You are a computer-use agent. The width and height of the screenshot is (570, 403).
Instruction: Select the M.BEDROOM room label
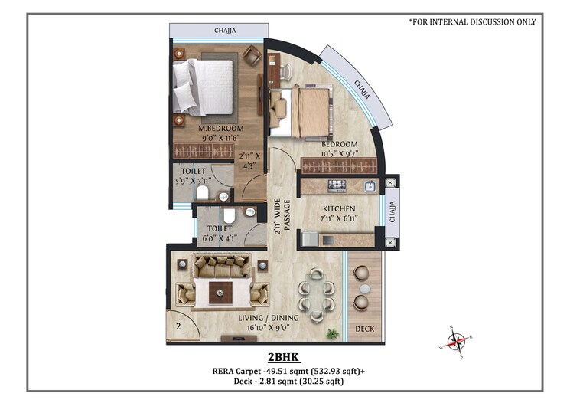(x=221, y=128)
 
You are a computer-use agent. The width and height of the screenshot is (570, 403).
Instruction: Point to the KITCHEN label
(x=338, y=209)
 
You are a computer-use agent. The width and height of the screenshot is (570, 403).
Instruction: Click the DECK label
(x=364, y=329)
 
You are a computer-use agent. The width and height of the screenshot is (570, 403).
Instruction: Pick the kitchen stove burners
(x=337, y=185)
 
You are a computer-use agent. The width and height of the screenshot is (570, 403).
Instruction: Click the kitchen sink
(x=369, y=185)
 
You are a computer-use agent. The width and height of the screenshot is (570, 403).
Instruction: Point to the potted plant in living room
(x=333, y=333)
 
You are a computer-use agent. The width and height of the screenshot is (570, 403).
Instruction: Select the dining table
(x=315, y=292)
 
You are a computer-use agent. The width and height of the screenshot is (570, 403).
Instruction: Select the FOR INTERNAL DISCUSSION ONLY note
(x=472, y=22)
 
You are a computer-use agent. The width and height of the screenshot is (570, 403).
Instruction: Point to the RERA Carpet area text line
(x=288, y=372)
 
